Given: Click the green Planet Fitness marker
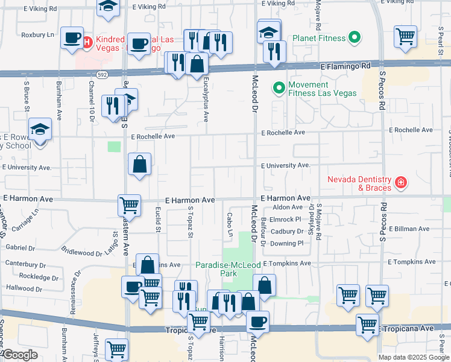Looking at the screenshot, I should coord(355,39).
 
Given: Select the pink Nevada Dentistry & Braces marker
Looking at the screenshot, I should coord(400,182).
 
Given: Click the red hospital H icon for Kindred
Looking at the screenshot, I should coord(87,42).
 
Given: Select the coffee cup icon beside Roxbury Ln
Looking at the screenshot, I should coord(72,37).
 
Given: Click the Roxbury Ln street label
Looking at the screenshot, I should coord(37,35).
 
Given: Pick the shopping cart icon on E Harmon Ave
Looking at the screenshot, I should coord(130,205).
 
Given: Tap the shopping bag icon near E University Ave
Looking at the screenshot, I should coord(139,164).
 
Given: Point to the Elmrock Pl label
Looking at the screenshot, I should coord(286,219).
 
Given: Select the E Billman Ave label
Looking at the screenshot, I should coord(411,229).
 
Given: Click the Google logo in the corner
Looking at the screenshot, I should coord(20,355).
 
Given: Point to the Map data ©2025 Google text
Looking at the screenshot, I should coord(414,357).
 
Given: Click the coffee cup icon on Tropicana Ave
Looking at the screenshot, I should coord(257,321).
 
